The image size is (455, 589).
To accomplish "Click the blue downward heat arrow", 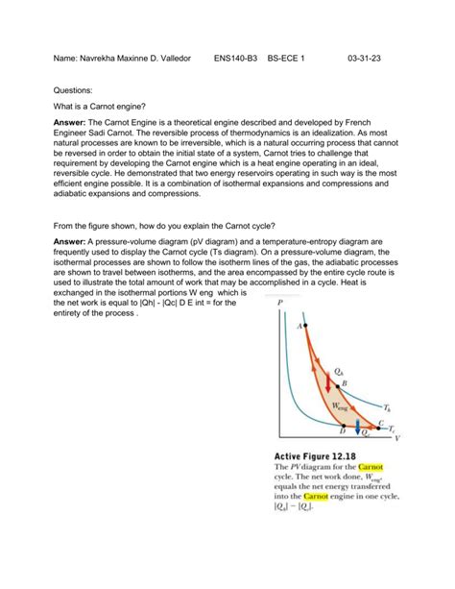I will pyautogui.click(x=358, y=426).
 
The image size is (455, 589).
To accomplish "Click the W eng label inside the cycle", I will pyautogui.click(x=341, y=406).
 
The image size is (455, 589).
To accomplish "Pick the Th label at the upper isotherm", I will pyautogui.click(x=387, y=407).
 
